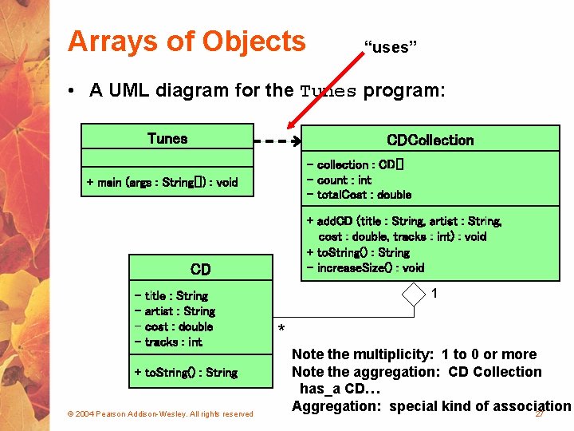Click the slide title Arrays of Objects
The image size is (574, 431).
[187, 41]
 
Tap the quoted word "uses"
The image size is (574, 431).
[391, 47]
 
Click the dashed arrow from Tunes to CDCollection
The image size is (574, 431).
[276, 141]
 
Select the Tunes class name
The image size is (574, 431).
[167, 138]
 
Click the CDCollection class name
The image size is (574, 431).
[430, 140]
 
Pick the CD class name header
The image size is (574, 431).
[200, 269]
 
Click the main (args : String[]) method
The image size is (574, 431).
[163, 182]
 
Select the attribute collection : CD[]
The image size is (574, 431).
[356, 164]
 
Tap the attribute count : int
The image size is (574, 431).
[339, 180]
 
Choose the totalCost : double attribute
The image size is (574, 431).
[359, 195]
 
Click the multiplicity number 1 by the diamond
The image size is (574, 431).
[434, 294]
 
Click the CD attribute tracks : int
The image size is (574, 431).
[169, 342]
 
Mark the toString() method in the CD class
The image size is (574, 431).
[186, 372]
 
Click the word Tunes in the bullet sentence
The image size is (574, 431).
[328, 91]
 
